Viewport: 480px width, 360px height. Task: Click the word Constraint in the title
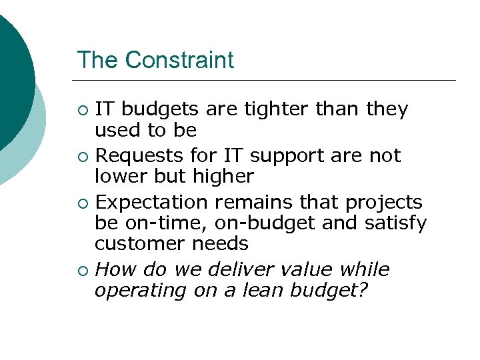pos(179,60)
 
